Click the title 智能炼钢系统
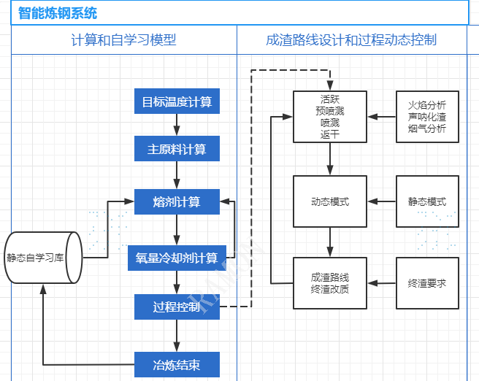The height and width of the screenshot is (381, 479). (x=57, y=13)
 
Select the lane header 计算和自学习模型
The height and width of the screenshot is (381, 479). (x=123, y=39)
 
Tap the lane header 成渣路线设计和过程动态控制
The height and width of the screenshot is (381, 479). (x=351, y=39)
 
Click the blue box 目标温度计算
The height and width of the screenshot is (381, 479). (x=177, y=101)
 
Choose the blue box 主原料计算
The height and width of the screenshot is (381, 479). (x=177, y=150)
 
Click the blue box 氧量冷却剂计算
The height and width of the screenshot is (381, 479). (x=177, y=257)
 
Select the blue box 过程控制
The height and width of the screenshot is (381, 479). (x=177, y=307)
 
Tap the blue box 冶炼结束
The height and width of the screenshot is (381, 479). (x=177, y=363)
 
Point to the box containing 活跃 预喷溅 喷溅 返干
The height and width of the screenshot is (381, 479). (x=330, y=117)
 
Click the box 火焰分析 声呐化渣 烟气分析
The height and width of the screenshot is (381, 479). (x=427, y=117)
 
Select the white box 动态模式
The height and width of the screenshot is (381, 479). (x=330, y=201)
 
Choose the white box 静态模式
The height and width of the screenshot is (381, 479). (x=427, y=201)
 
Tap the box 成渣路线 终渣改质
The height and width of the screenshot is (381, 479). (x=330, y=282)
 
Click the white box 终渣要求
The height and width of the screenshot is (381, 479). (x=427, y=282)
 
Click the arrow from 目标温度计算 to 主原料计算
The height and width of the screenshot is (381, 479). (x=177, y=126)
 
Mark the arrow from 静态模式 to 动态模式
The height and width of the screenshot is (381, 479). (x=381, y=201)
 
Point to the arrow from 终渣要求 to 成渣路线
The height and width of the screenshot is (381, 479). (x=381, y=282)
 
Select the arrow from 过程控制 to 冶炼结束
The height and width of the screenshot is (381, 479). (x=177, y=335)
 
